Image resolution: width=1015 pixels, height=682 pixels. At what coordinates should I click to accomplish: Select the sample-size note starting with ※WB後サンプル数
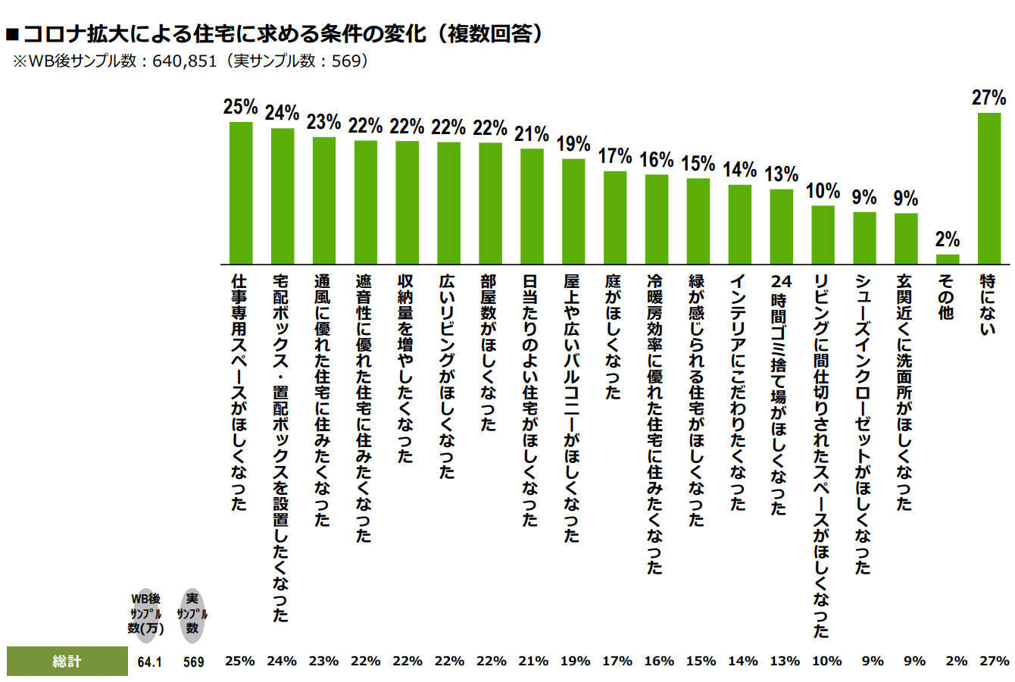(x=189, y=61)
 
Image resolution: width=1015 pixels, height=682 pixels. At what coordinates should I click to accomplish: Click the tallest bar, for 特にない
(x=989, y=188)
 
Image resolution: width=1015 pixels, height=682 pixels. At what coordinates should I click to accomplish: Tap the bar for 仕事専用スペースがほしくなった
(x=240, y=192)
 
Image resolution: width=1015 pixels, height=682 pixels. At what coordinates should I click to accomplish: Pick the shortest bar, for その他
(x=948, y=258)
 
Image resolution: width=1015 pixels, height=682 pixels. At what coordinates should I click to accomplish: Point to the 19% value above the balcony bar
(x=573, y=144)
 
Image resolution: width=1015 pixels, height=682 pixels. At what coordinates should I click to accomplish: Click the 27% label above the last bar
(x=989, y=98)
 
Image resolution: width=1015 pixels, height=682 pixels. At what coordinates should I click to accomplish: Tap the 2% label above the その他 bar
(x=948, y=239)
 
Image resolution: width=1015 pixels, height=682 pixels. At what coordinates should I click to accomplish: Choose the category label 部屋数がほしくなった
(x=489, y=353)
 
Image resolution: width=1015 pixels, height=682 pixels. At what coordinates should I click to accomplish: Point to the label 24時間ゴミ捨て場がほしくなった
(x=781, y=395)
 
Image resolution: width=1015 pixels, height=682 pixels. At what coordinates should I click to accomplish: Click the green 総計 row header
(x=67, y=661)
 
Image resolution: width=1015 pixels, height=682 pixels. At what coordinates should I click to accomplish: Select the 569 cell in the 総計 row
(x=193, y=662)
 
